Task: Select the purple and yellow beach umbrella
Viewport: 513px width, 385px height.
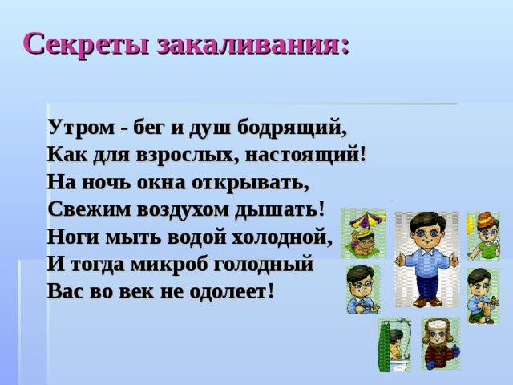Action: tap(364, 219)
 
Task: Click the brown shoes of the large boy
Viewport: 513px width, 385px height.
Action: tap(426, 302)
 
